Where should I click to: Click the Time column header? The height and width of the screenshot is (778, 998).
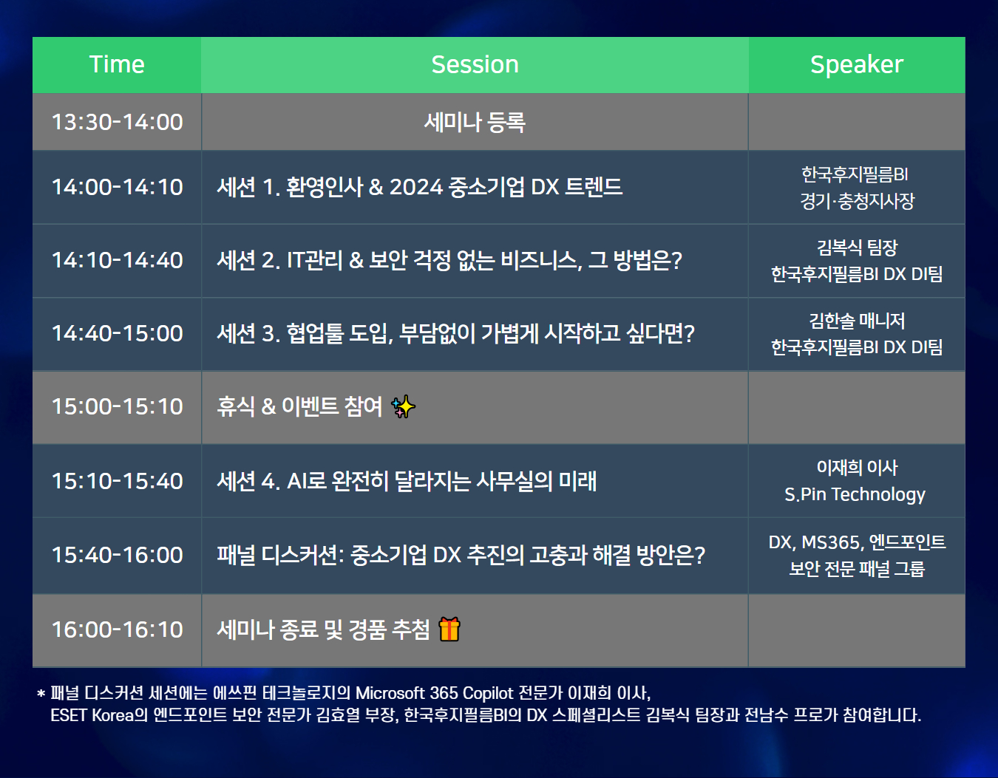click(117, 65)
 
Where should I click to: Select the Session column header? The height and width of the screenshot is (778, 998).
click(475, 65)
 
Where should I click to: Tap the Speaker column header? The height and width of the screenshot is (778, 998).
click(857, 65)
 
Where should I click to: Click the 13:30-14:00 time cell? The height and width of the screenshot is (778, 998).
click(117, 122)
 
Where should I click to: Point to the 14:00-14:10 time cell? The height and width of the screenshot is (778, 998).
click(117, 187)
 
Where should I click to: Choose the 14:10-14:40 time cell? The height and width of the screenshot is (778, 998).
click(117, 260)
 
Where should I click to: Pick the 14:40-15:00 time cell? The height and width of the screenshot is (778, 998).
click(117, 334)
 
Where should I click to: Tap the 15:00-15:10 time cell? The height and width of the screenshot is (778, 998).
click(117, 407)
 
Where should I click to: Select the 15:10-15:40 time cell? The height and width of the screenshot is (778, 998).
click(117, 481)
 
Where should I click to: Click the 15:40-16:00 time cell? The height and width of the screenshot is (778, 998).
click(117, 556)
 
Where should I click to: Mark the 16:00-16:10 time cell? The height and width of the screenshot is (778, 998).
click(117, 629)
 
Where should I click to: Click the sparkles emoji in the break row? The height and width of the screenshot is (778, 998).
click(403, 406)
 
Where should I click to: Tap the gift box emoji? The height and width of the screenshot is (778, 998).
click(449, 629)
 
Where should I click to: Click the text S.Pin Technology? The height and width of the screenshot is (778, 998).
click(855, 495)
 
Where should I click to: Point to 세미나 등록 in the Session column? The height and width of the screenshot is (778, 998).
click(475, 123)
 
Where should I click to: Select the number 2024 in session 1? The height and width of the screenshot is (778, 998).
click(416, 187)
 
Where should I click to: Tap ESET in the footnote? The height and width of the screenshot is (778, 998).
click(69, 715)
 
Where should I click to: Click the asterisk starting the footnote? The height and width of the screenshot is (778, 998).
click(41, 693)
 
